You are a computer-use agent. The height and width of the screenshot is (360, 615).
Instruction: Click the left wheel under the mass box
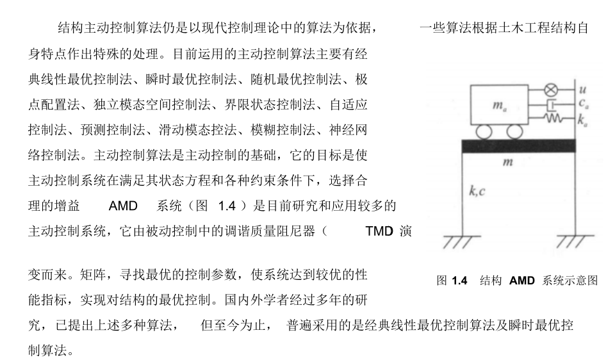coord(483,132)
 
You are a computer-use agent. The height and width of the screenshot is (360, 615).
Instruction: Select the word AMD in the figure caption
coord(521,281)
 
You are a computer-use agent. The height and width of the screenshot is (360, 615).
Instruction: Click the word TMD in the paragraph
coord(379,231)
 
